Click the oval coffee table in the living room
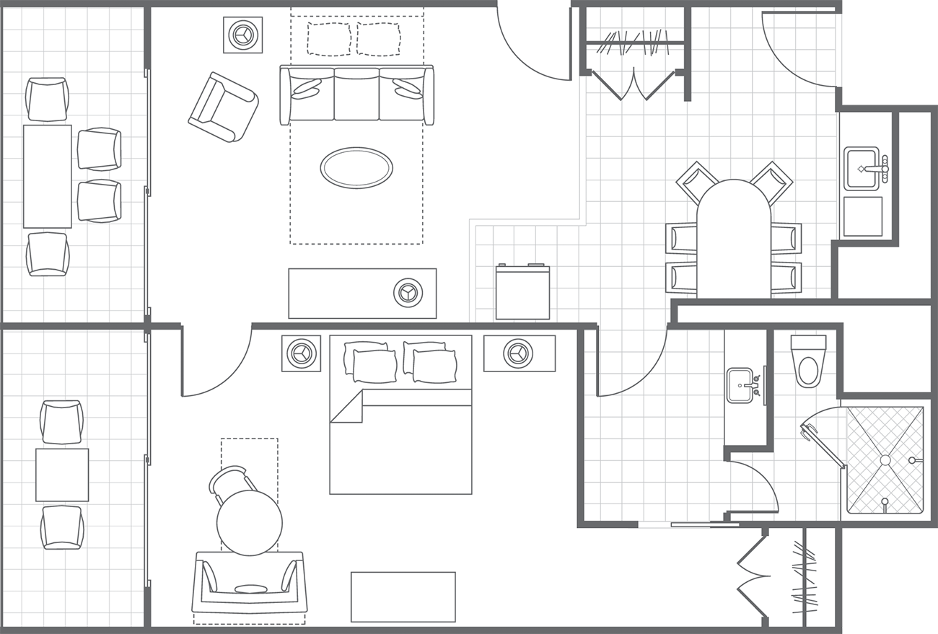(x=356, y=168)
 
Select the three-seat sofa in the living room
(x=356, y=94)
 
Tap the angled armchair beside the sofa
(x=223, y=107)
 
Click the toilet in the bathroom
(x=808, y=364)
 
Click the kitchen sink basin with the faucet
(x=861, y=169)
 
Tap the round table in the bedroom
(x=249, y=522)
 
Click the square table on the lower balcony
(x=62, y=475)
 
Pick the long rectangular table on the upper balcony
(x=48, y=176)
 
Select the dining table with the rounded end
(x=733, y=239)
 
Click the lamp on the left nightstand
(x=301, y=353)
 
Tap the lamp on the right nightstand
(x=517, y=353)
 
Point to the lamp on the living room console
(x=408, y=292)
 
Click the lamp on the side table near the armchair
(x=242, y=34)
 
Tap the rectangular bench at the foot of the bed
(x=403, y=596)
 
